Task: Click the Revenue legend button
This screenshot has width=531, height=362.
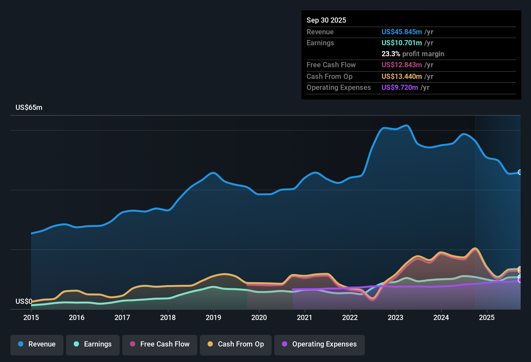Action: coord(37,344)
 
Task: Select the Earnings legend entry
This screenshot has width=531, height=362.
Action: coord(93,344)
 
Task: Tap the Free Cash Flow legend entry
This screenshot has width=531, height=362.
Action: coord(160,344)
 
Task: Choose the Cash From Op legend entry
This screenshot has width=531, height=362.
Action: coord(236,344)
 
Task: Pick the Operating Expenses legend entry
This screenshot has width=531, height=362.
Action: coord(320,344)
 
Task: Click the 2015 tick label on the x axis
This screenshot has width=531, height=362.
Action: coord(31,317)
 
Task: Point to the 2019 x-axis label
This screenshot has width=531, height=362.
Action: coord(213,317)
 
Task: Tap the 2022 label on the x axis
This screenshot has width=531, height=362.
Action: coord(350,317)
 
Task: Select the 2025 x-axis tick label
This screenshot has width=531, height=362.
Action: coord(487,317)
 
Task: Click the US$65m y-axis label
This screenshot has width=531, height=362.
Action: coord(29,108)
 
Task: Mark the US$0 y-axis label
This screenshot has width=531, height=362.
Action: coord(24,302)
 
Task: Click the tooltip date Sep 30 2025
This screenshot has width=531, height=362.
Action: coord(326,20)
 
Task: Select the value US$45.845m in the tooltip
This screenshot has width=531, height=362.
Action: coord(402,32)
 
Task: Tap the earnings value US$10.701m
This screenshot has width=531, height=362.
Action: coord(402,43)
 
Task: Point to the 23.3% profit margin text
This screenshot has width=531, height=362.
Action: coord(413,54)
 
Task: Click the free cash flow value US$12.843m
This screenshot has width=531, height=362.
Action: coord(402,65)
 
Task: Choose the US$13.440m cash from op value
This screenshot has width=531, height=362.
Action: coord(402,77)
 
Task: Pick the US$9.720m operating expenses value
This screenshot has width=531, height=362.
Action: coord(400,88)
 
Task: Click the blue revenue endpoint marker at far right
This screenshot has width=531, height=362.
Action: coord(520,172)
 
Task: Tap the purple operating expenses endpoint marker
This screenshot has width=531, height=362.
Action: coord(520,280)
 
